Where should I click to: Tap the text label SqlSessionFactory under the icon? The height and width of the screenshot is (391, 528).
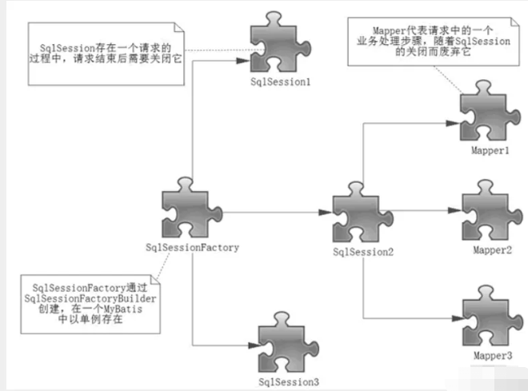click(193, 247)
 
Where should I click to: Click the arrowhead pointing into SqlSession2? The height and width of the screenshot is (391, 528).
click(325, 212)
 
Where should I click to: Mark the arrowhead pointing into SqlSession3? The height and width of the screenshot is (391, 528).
click(250, 345)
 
